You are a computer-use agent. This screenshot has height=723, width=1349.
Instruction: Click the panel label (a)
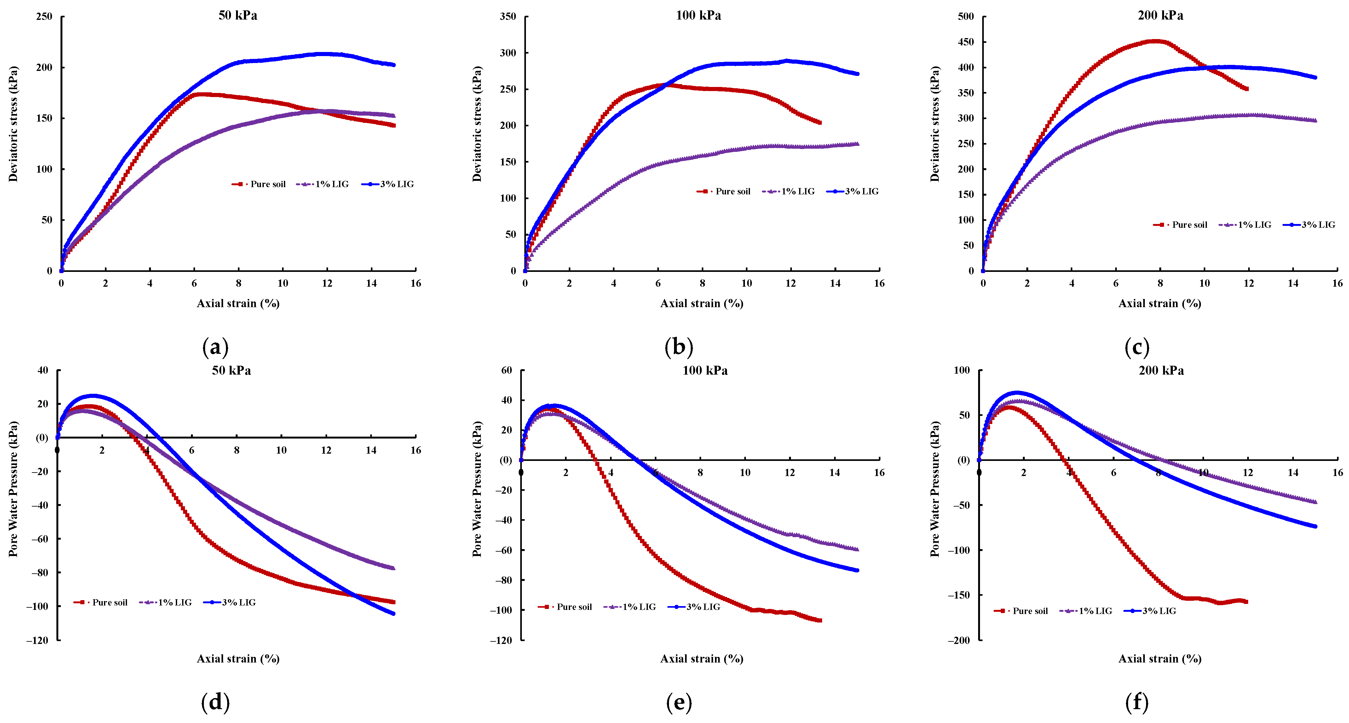pos(215,347)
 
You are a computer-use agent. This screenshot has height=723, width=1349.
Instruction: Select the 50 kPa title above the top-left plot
pos(238,15)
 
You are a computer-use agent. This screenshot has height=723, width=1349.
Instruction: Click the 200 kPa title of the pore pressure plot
pos(1161,370)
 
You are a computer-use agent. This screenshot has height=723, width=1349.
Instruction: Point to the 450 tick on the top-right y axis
pos(965,42)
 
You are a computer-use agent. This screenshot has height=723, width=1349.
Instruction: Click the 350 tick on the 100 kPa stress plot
pos(507,16)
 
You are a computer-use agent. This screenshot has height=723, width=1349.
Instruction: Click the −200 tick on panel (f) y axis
pos(958,640)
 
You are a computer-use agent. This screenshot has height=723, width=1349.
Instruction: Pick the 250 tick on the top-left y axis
pos(44,16)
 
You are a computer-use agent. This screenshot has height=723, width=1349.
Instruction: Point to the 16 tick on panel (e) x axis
pos(879,472)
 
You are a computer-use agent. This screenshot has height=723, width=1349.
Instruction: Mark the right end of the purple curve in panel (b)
pos(857,143)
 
